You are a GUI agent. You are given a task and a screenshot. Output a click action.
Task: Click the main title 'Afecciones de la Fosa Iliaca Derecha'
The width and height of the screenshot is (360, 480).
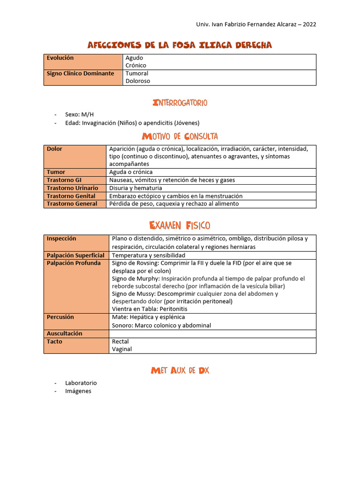click(x=180, y=45)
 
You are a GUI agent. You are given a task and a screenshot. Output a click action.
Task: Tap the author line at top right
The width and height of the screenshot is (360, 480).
click(x=255, y=24)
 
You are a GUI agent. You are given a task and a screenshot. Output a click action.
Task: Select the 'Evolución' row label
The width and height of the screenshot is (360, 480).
click(x=60, y=58)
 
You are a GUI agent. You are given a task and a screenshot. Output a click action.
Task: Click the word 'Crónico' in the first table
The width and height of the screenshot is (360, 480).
click(x=136, y=66)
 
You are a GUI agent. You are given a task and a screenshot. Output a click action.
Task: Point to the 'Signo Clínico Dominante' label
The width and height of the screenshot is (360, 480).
click(x=80, y=74)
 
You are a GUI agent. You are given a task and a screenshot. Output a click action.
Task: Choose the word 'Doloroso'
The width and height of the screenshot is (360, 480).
click(x=138, y=81)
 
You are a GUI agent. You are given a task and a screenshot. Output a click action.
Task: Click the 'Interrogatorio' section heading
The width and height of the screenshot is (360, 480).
click(x=180, y=103)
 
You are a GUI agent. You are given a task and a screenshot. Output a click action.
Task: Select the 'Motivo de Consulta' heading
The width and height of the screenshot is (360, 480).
click(x=180, y=136)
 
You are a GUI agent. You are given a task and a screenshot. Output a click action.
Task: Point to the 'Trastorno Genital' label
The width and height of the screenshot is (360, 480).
click(x=71, y=196)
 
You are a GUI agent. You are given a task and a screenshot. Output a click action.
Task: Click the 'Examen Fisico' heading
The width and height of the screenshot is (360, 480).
click(x=180, y=225)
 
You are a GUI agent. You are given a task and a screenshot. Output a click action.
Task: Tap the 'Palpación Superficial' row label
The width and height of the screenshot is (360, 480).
click(x=75, y=255)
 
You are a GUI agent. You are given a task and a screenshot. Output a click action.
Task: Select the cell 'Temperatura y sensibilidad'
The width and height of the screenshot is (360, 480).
click(x=149, y=255)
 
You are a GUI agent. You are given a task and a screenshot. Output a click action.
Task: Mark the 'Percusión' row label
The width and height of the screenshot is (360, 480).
click(x=60, y=317)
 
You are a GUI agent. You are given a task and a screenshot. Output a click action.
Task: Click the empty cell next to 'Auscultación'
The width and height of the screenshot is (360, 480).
click(x=212, y=334)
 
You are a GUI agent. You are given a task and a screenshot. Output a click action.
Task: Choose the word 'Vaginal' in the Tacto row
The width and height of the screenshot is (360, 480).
click(x=122, y=349)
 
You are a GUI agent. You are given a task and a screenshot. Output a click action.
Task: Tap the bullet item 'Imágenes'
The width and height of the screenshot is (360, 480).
click(x=78, y=391)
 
